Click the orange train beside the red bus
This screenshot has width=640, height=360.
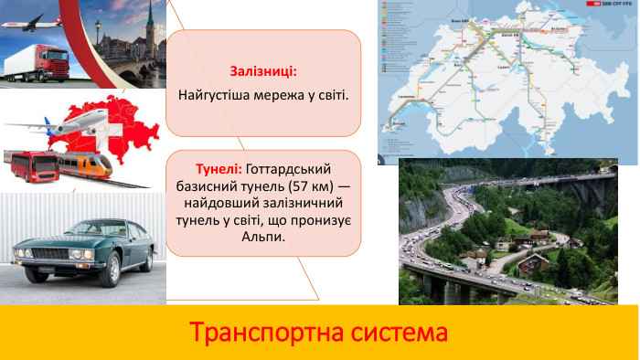tap(84, 164)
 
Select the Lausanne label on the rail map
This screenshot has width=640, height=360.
tap(408, 95)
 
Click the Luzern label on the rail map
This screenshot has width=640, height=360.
tap(502, 69)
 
